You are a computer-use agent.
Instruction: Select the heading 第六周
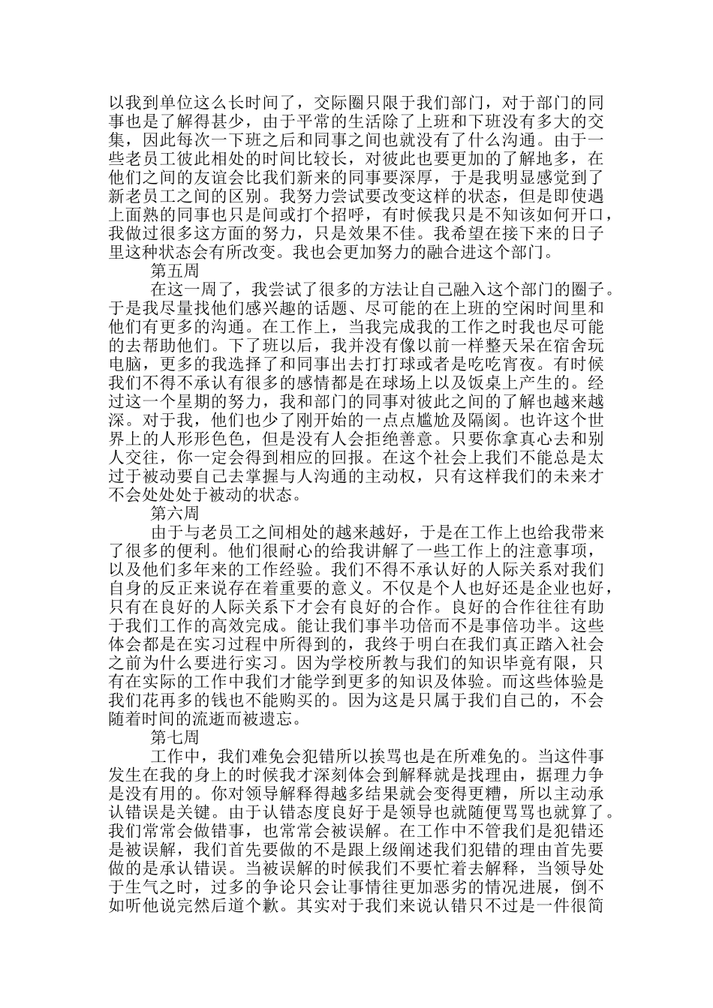click(x=175, y=513)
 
